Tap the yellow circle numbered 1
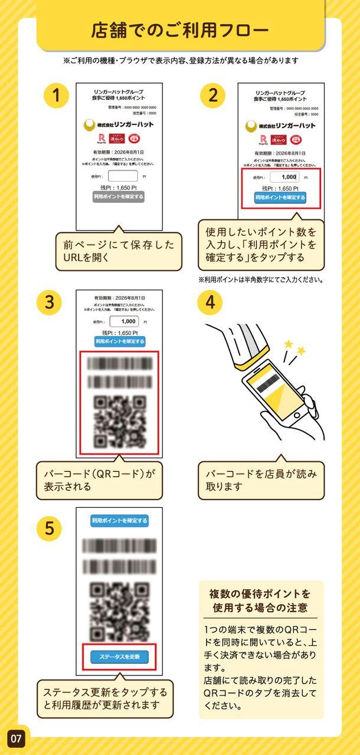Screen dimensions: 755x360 click(x=57, y=95)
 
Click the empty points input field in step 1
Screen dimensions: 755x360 click(x=123, y=176)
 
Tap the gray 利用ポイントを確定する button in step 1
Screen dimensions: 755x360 click(x=119, y=197)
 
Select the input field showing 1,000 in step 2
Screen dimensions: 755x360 click(x=284, y=177)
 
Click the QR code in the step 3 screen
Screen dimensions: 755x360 click(x=120, y=421)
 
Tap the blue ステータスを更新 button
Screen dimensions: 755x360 click(x=119, y=656)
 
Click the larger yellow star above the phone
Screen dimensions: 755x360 click(x=289, y=344)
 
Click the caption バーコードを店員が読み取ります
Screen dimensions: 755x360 click(x=261, y=480)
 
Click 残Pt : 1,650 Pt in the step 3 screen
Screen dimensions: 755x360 click(x=120, y=332)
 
